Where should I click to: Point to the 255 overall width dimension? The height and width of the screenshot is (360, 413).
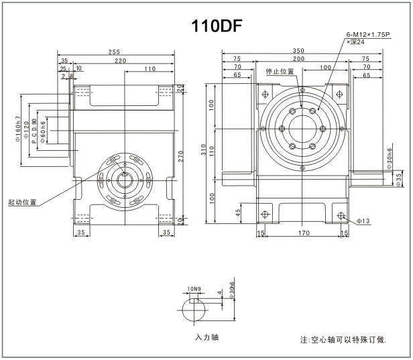click(x=116, y=52)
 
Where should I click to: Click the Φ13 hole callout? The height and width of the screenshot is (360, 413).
click(x=364, y=220)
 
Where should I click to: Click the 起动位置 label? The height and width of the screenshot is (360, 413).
click(x=22, y=201)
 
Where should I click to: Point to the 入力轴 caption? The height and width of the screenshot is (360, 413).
click(x=207, y=337)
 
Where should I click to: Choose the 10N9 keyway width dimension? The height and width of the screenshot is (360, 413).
click(x=194, y=289)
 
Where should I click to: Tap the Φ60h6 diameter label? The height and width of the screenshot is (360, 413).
click(x=43, y=132)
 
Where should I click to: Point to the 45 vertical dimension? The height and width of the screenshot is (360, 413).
click(x=239, y=213)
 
